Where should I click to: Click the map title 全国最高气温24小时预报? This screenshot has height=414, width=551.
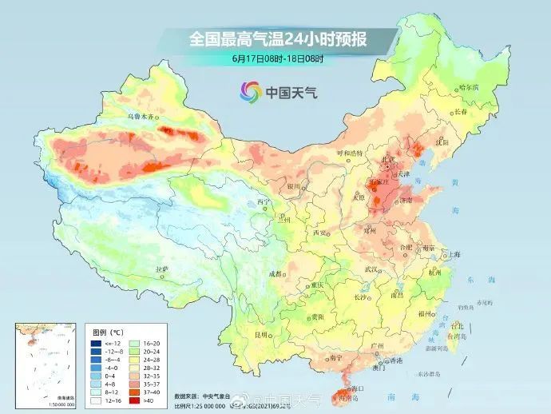click(x=275, y=38)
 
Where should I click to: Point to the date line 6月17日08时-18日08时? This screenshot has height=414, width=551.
click(x=275, y=58)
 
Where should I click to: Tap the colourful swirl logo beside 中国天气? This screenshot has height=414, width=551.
click(x=252, y=92)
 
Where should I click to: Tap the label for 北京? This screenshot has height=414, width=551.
click(x=389, y=160)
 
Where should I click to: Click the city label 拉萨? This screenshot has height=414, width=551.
click(x=162, y=269)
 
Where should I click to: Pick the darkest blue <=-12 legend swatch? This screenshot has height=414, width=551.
click(x=96, y=341)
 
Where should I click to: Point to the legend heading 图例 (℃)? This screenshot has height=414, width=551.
click(x=105, y=330)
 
